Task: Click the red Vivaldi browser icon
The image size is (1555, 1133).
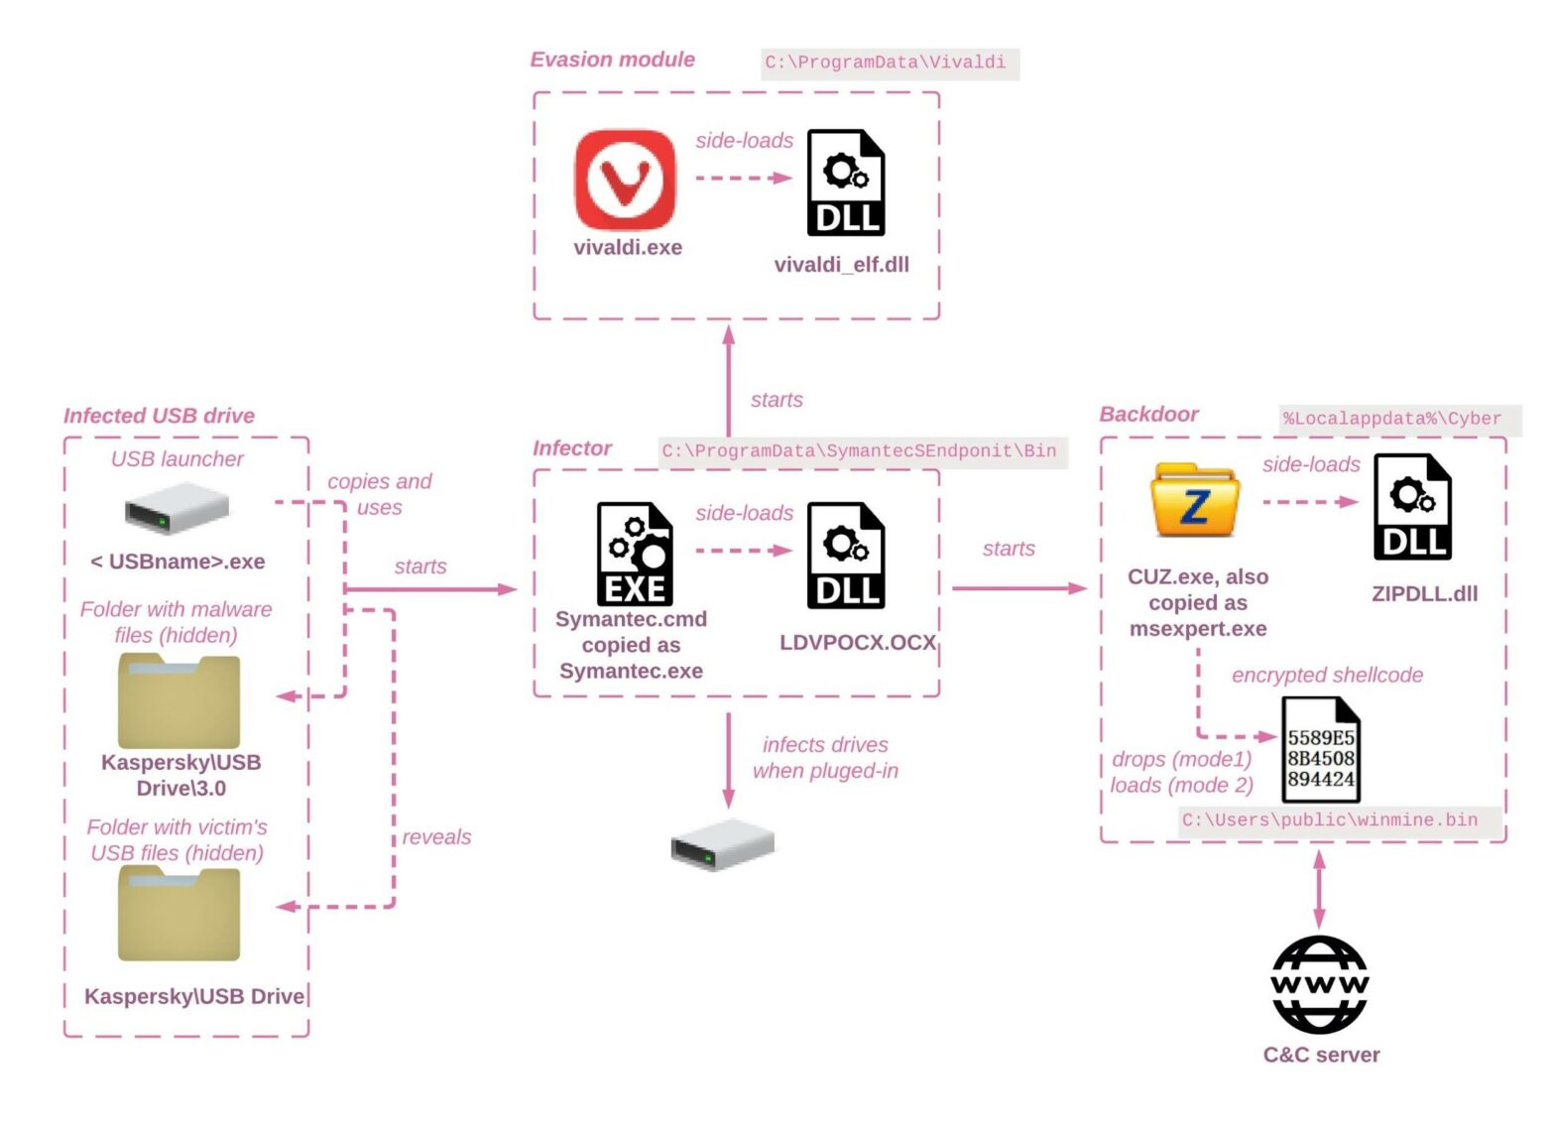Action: click(x=625, y=180)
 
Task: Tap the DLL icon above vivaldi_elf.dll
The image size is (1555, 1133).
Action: click(x=845, y=183)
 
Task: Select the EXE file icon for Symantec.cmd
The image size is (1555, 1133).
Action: click(x=635, y=554)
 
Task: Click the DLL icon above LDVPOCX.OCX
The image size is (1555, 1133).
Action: click(x=845, y=556)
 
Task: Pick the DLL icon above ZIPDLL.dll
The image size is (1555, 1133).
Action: click(x=1412, y=507)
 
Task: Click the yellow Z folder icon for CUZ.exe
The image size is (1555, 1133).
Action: click(x=1195, y=501)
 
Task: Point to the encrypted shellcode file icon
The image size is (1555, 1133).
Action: click(x=1320, y=750)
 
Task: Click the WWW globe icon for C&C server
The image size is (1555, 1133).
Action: click(x=1319, y=984)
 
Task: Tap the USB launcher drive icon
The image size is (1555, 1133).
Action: click(x=177, y=508)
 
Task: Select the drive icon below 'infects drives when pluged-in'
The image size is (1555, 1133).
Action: click(x=722, y=845)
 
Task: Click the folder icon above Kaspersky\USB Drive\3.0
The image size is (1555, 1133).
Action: click(x=179, y=701)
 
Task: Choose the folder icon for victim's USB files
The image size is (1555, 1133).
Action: click(x=179, y=914)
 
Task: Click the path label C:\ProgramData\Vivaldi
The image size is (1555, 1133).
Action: click(x=886, y=63)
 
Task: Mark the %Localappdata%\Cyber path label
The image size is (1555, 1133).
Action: click(x=1392, y=419)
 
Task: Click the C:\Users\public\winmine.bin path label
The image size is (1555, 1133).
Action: click(x=1329, y=820)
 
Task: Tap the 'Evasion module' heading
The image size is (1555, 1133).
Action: click(x=612, y=60)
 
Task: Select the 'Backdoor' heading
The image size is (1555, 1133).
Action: click(x=1148, y=415)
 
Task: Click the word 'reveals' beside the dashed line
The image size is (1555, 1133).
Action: click(x=436, y=837)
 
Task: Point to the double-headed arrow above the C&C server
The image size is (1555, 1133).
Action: click(x=1319, y=889)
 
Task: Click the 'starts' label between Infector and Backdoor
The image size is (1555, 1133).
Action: click(x=1009, y=549)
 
